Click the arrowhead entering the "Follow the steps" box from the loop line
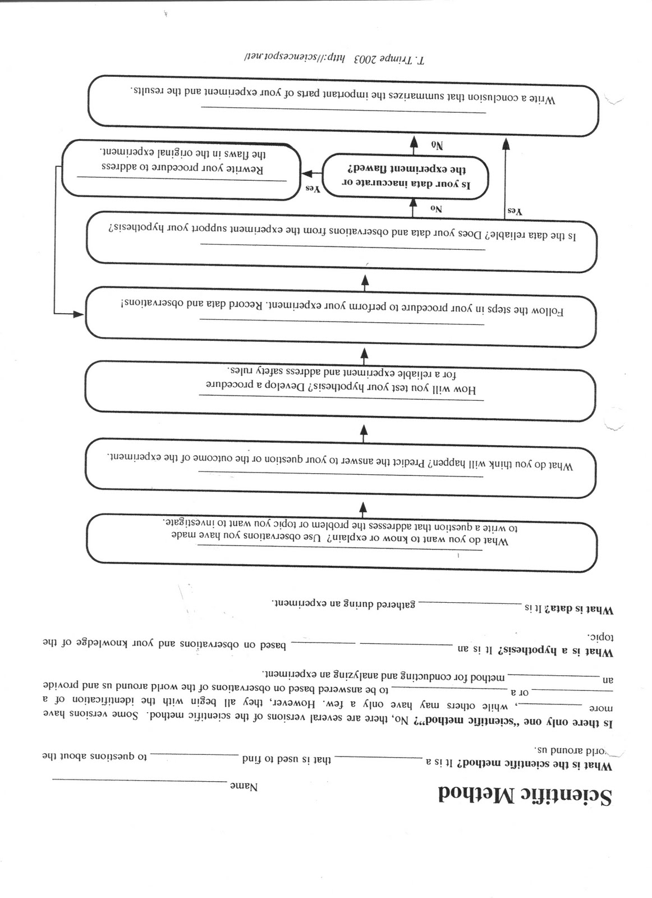pyautogui.click(x=78, y=314)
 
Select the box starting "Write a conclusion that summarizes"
pyautogui.click(x=342, y=105)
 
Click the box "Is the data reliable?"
pyautogui.click(x=342, y=236)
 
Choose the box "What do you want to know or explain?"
pyautogui.click(x=342, y=542)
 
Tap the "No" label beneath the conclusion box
pyautogui.click(x=437, y=144)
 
